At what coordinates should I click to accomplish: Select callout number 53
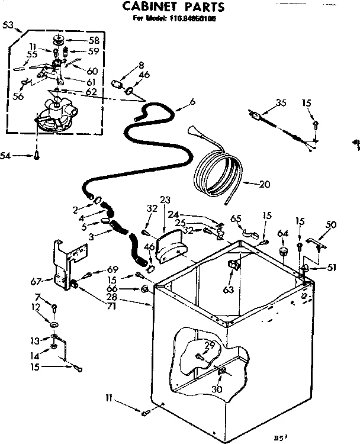tap(8, 25)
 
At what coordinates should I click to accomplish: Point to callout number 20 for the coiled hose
tap(264, 184)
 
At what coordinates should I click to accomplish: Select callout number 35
tap(281, 103)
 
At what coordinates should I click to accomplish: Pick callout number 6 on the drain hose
tap(192, 102)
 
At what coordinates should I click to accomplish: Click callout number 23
tap(165, 199)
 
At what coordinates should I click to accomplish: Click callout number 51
tap(332, 267)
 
